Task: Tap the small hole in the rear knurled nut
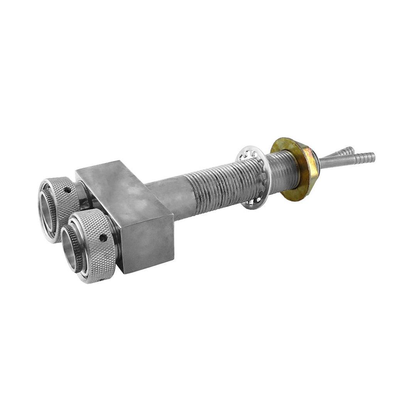(x=68, y=190)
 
